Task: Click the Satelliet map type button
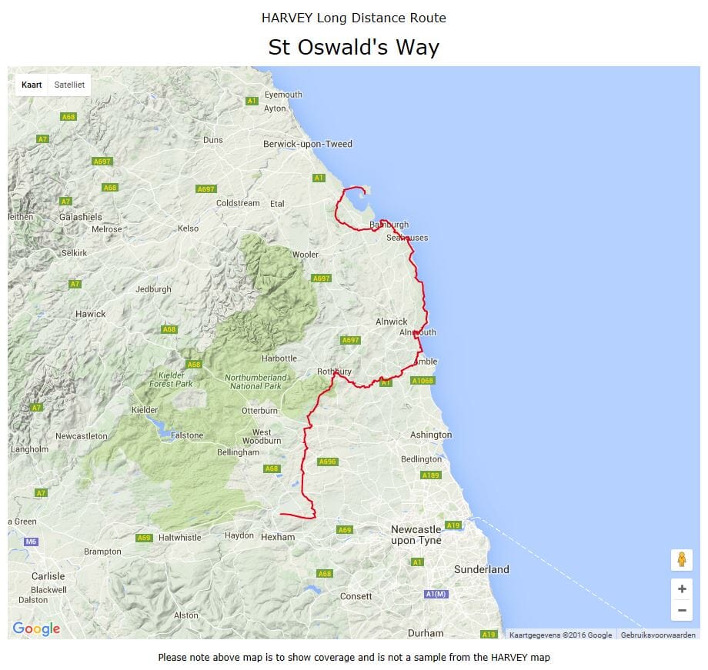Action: [69, 85]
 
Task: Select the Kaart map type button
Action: [32, 85]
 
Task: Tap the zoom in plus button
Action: [682, 589]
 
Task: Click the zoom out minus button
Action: [682, 611]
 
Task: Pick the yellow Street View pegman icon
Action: [682, 559]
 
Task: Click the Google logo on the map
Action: [36, 628]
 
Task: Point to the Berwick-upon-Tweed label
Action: [308, 144]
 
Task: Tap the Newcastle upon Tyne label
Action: [416, 535]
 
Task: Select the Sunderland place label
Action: [482, 569]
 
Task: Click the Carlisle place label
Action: [48, 576]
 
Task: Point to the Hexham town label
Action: [278, 537]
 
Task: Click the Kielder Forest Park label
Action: [161, 378]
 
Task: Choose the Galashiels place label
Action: [80, 217]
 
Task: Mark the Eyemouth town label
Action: [283, 95]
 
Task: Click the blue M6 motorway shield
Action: [31, 542]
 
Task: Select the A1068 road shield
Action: [422, 381]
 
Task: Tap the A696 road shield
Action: [328, 462]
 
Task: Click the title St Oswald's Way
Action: [353, 47]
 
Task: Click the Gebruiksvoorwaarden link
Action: [658, 635]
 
